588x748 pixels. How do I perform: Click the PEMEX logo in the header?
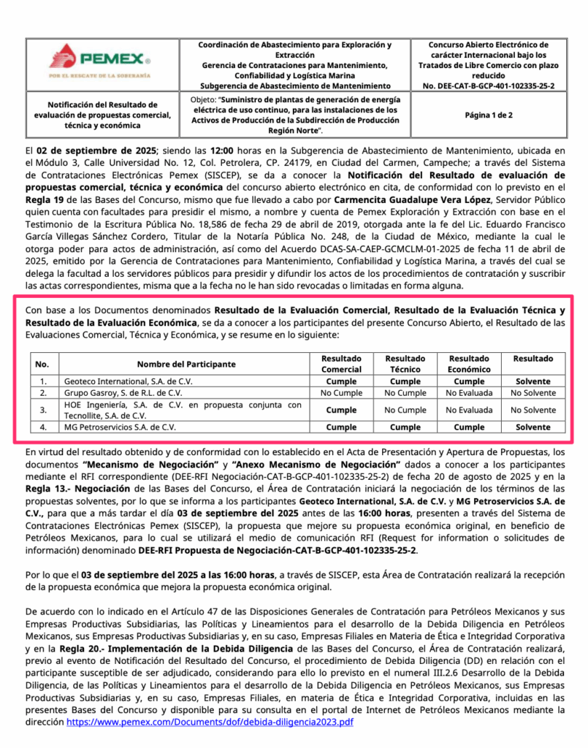[x=100, y=60]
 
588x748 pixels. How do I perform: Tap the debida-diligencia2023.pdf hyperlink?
[x=210, y=722]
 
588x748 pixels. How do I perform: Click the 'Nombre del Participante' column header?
[x=186, y=364]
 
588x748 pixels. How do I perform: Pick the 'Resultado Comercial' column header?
[x=341, y=364]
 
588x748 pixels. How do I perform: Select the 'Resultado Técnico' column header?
[x=405, y=364]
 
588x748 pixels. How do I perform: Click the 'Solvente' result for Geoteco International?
[x=532, y=381]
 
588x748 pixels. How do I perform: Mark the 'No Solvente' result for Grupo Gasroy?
[x=532, y=393]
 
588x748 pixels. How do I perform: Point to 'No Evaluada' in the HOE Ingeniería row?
[x=469, y=410]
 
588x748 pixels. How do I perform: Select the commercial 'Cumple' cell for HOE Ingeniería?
[x=341, y=410]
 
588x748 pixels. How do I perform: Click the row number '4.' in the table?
[x=44, y=427]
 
